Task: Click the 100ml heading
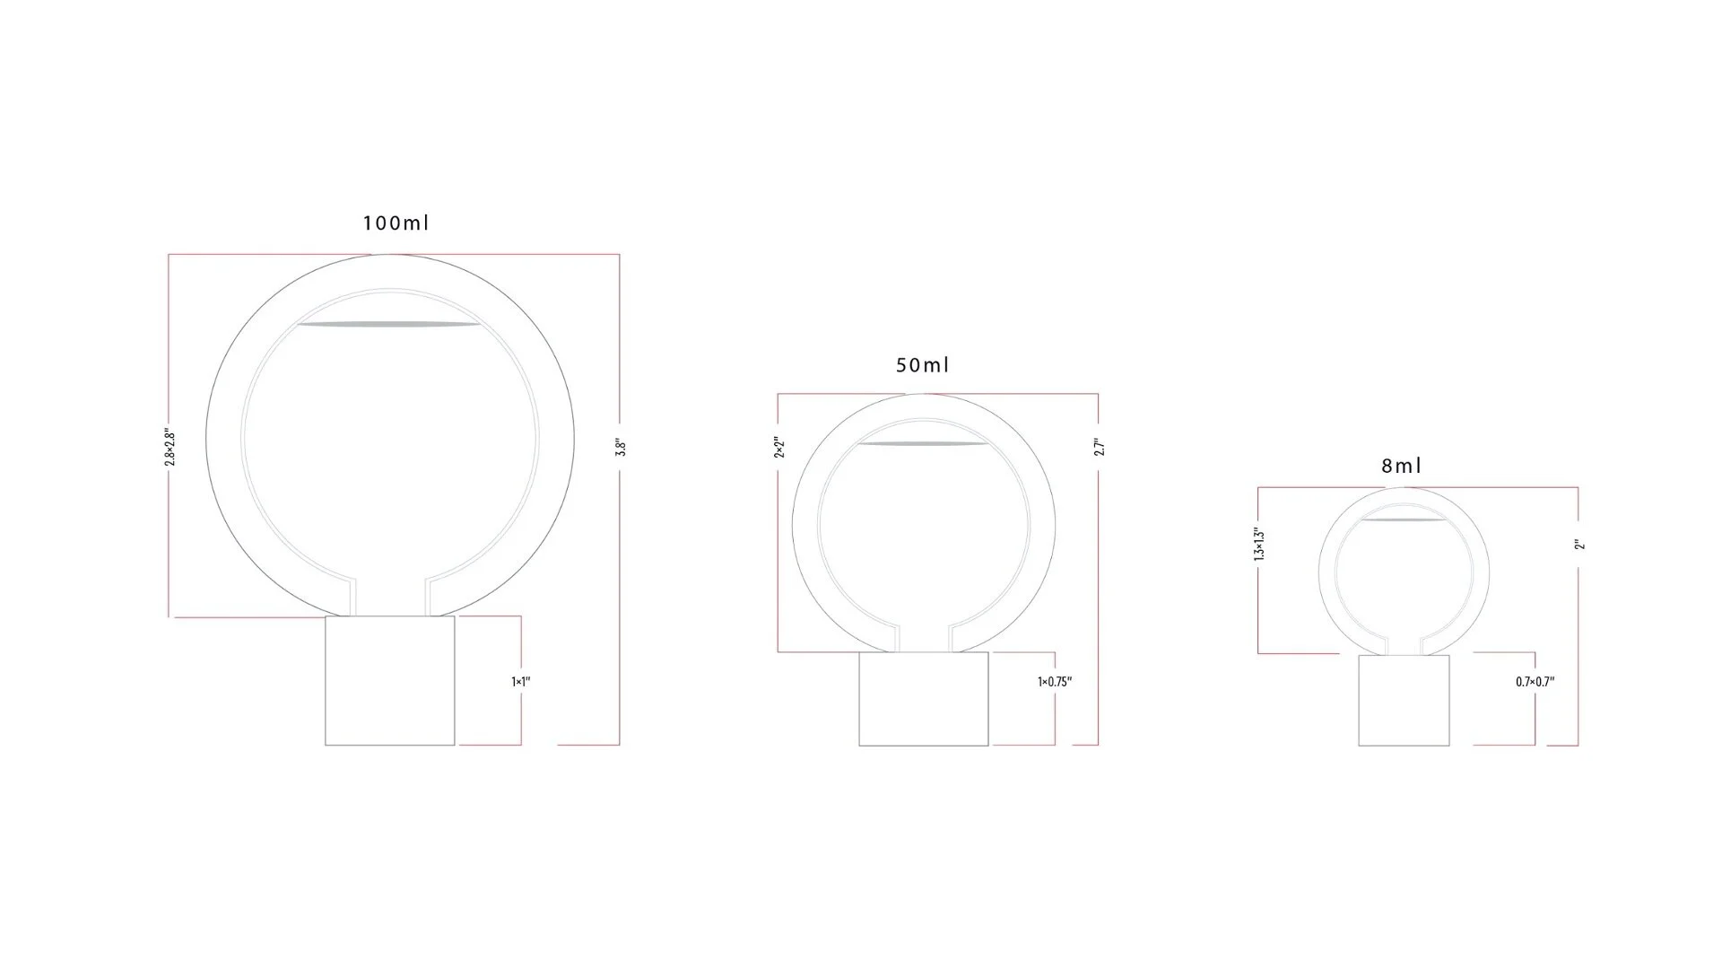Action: coord(396,223)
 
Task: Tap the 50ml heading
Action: coord(922,365)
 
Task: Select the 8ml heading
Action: coord(1402,466)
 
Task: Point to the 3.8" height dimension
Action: coord(620,448)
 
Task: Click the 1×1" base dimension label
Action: coord(521,682)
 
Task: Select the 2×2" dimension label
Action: coord(779,448)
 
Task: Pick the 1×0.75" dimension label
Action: coord(1055,682)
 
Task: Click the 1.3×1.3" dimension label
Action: coord(1259,545)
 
